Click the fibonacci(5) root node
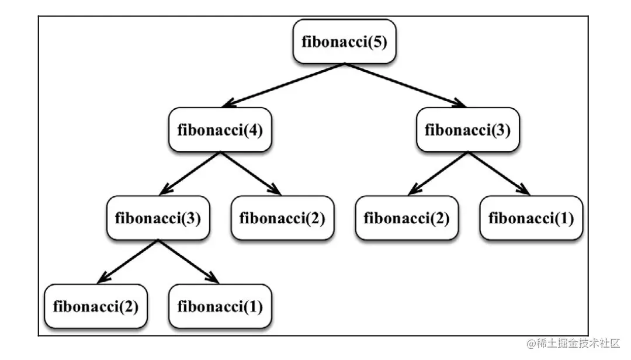point(344,42)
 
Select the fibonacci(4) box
point(220,130)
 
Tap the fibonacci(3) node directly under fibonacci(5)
point(467,130)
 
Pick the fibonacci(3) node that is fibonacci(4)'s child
point(158,218)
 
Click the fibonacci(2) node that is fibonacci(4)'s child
point(282,218)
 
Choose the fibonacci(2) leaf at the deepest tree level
point(95,306)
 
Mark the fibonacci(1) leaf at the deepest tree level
point(220,306)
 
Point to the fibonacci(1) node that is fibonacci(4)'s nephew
point(531,218)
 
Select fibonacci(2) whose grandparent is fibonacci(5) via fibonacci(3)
point(407,218)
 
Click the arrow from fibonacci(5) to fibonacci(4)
point(282,85)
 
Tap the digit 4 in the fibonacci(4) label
point(253,130)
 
